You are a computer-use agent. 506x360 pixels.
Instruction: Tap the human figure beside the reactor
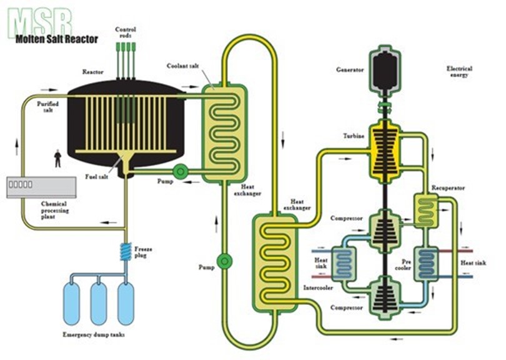(x=58, y=158)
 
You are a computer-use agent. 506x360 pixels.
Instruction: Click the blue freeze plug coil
(x=124, y=254)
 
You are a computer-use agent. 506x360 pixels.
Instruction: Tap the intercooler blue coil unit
(x=343, y=261)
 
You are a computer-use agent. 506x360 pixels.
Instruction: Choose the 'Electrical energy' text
(x=459, y=71)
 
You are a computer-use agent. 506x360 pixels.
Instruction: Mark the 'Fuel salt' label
(x=95, y=177)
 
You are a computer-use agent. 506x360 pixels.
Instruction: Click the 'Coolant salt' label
(x=181, y=66)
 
